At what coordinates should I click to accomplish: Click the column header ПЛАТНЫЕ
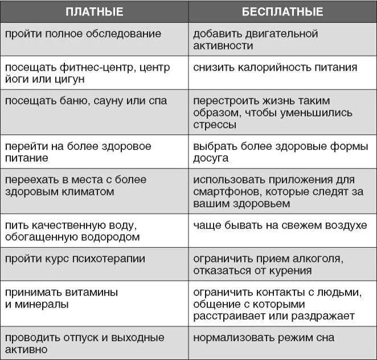tap(95, 12)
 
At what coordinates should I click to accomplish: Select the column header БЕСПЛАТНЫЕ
tap(282, 12)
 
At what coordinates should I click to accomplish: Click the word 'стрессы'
tap(215, 125)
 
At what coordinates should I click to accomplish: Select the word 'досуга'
tap(211, 158)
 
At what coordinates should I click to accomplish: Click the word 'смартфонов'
tap(224, 192)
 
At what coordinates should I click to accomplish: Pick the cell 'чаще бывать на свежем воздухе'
tap(280, 226)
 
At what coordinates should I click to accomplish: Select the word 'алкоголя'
tap(318, 259)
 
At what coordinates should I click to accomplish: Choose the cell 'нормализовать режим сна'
tap(264, 338)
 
